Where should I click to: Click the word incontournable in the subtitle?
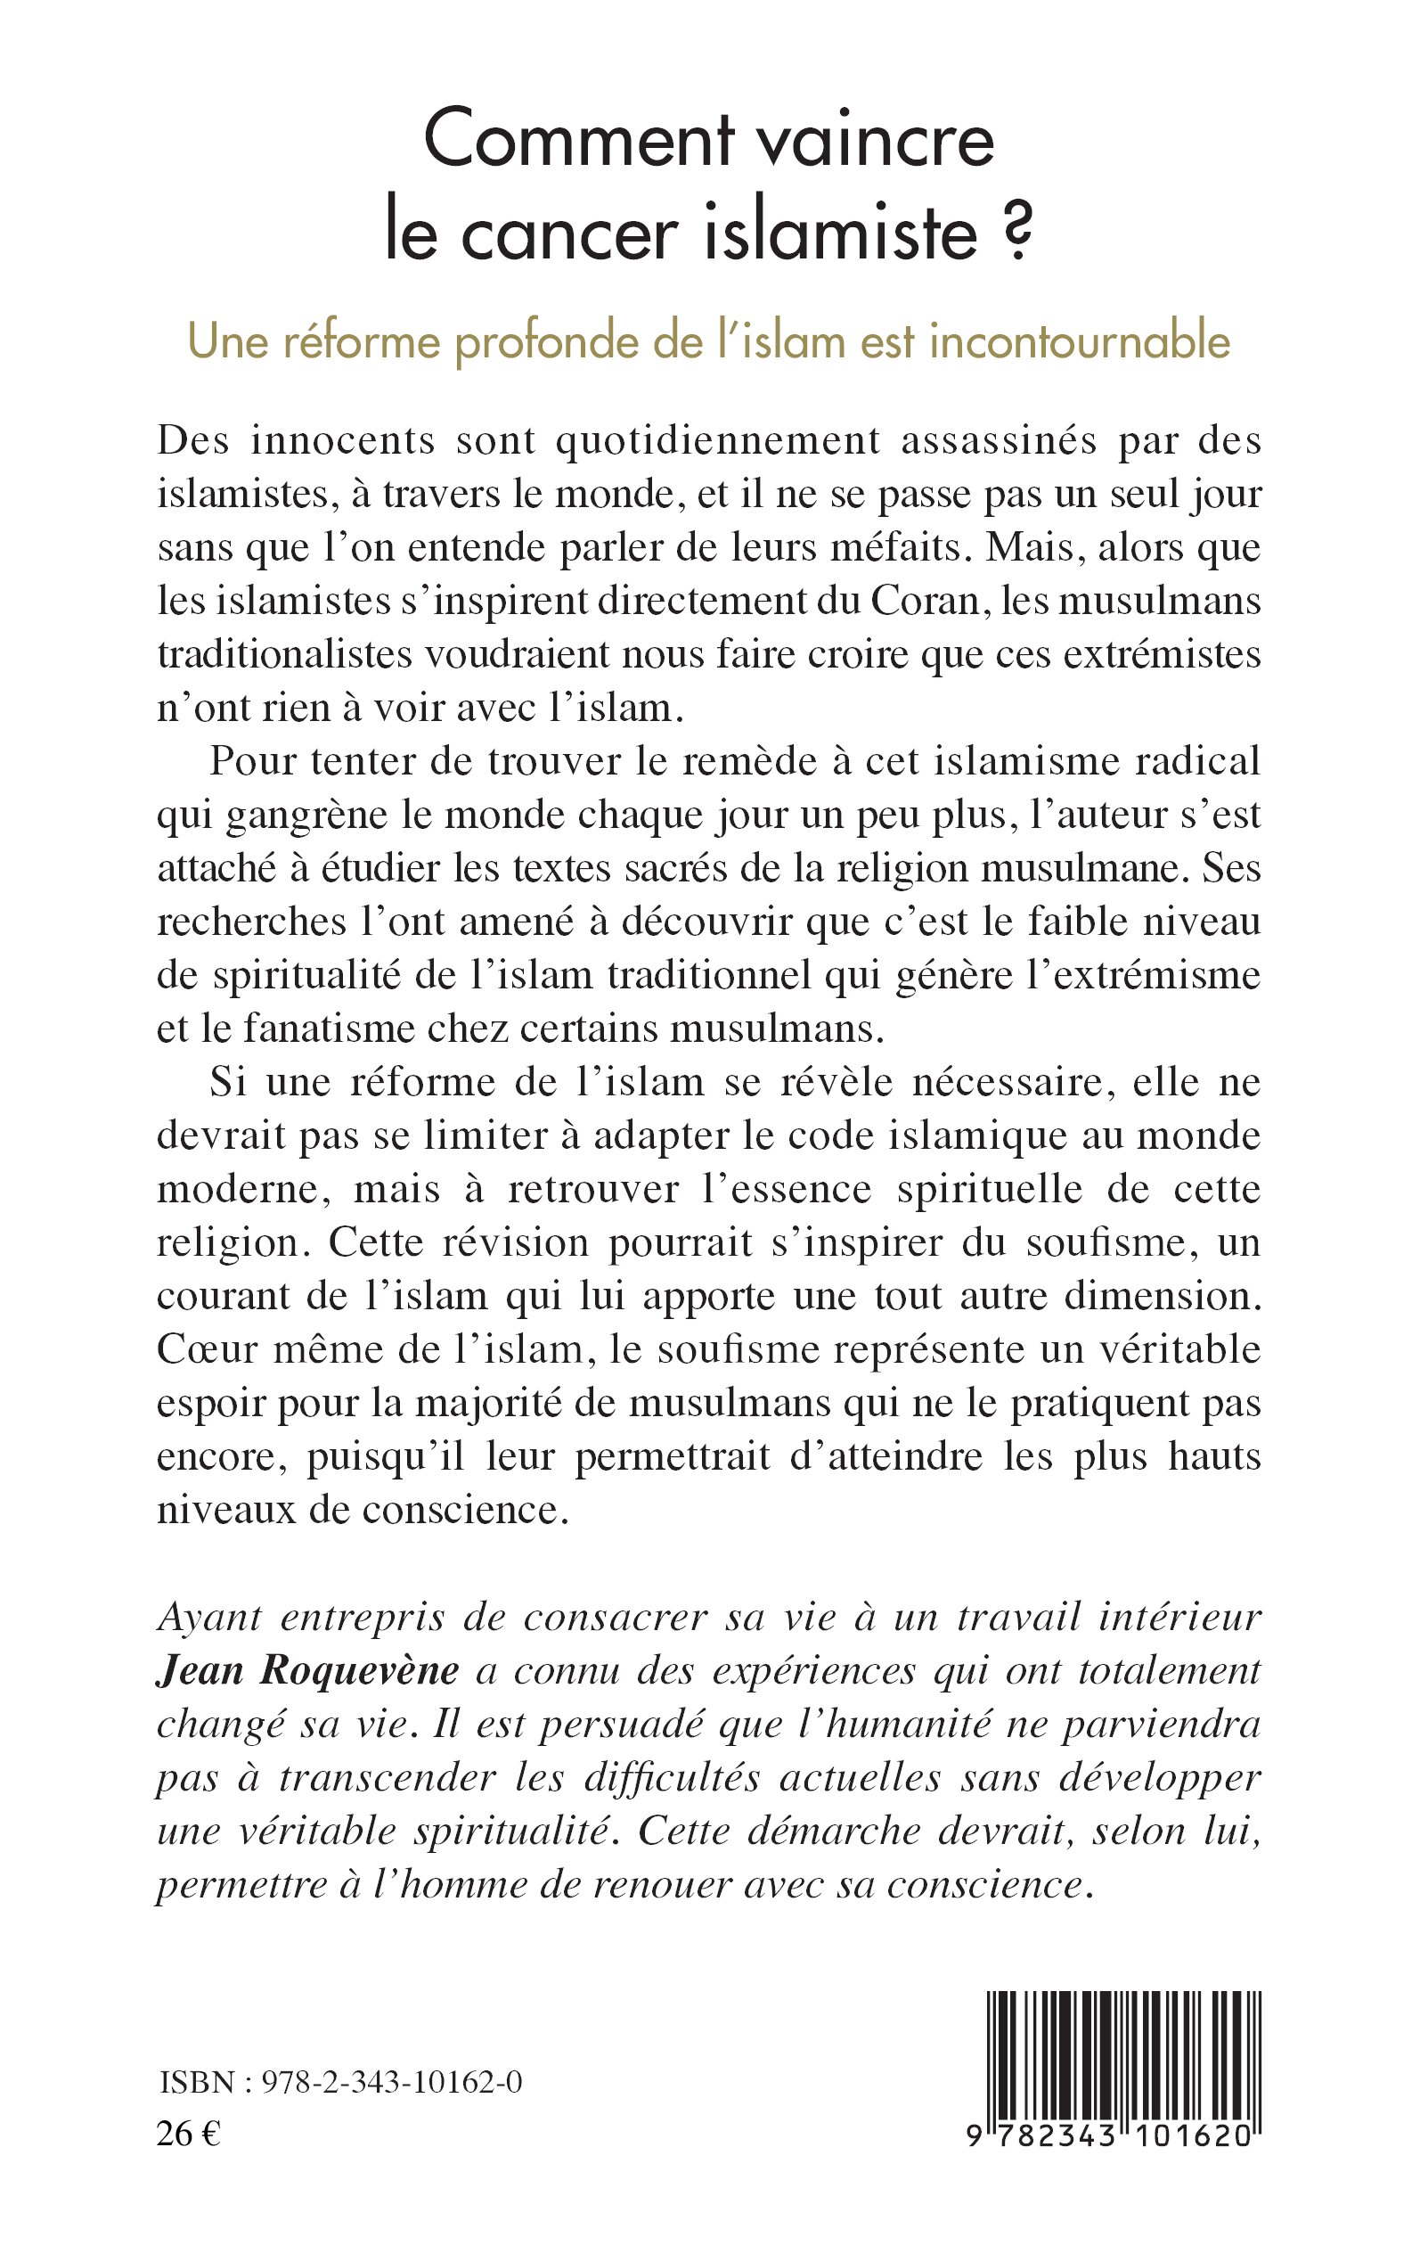click(x=1079, y=342)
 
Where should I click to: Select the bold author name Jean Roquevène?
click(x=308, y=1672)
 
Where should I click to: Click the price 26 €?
click(x=189, y=2180)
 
